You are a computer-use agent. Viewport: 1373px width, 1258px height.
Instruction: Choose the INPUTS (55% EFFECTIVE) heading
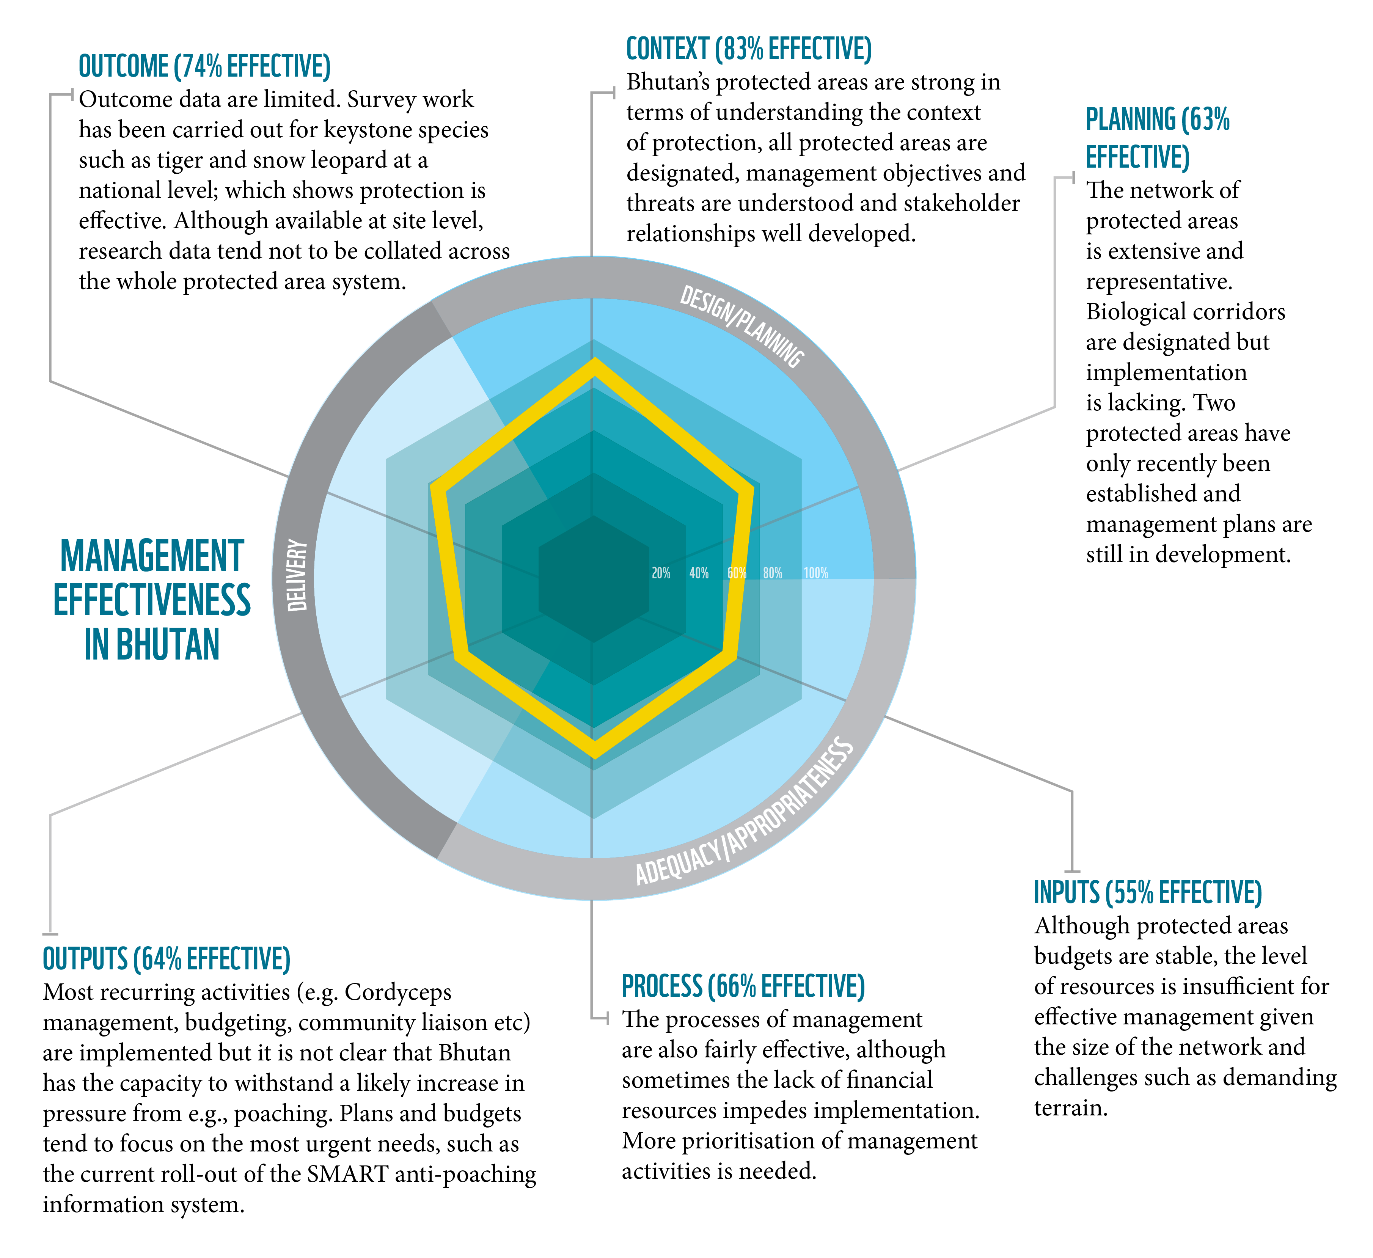[1148, 892]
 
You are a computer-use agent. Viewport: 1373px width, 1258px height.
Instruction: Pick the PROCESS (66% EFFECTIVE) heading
[743, 986]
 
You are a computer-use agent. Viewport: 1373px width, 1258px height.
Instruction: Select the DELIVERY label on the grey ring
[297, 576]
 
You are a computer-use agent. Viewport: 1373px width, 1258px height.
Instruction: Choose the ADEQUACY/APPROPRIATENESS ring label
[745, 812]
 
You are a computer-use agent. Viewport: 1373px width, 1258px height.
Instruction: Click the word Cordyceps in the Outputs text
[398, 993]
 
